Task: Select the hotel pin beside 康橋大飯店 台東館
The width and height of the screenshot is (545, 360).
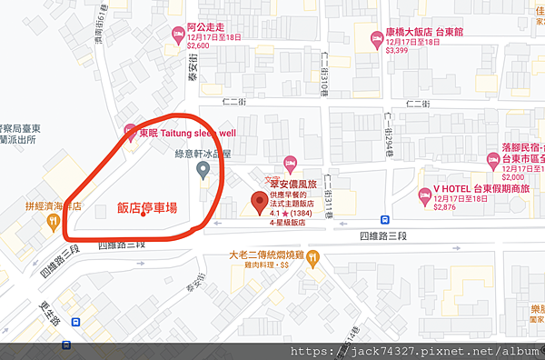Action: (374, 37)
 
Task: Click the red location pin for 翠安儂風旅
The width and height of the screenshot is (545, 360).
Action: (257, 204)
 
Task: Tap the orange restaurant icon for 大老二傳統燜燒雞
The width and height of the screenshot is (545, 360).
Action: (313, 257)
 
